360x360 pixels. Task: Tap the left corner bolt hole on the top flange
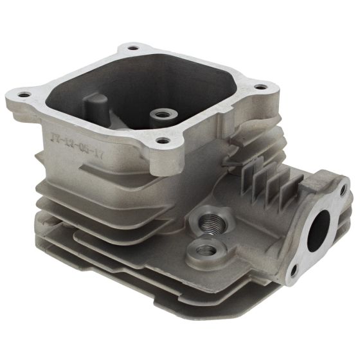pos(25,95)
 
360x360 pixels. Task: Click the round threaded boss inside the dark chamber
pos(160,116)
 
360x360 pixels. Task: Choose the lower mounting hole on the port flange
pos(293,271)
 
